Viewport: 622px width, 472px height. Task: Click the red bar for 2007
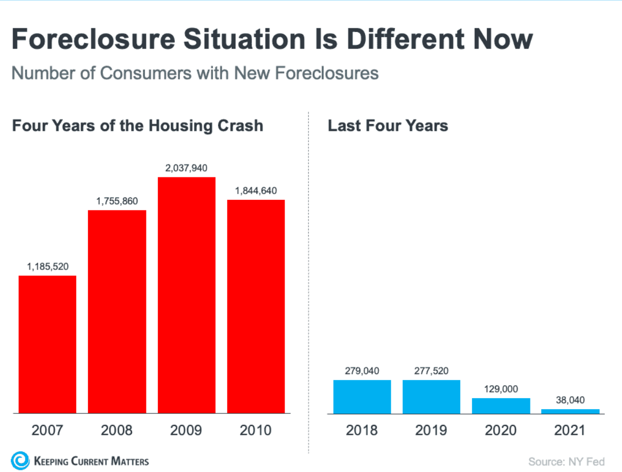48,344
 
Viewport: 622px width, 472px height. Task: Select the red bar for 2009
187,295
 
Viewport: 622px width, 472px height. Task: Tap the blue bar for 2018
362,397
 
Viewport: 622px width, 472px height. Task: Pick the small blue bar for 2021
570,411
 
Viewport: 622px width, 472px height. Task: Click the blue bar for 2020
501,406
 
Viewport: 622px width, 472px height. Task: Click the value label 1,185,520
48,266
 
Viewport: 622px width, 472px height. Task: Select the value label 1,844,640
256,190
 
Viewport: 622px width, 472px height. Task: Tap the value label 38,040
570,400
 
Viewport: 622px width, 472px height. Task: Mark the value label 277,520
431,371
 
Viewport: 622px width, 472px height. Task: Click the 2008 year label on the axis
117,430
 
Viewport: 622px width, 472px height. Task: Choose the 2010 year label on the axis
256,430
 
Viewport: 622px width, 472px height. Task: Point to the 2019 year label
431,430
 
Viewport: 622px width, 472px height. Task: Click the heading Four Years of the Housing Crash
138,126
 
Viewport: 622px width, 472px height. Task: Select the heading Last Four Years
388,126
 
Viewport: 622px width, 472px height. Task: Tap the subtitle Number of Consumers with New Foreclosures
195,73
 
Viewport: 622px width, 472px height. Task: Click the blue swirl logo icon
20,460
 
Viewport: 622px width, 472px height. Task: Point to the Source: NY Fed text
566,462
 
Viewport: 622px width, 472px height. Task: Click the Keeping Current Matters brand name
91,461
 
